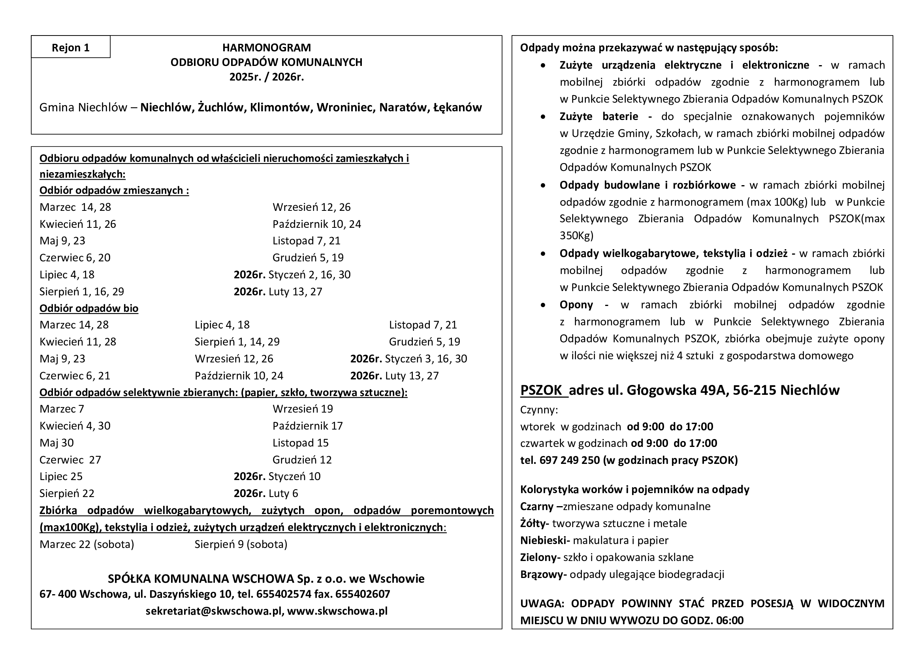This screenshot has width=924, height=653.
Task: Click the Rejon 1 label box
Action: pyautogui.click(x=70, y=47)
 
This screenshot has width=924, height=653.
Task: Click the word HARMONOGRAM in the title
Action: pyautogui.click(x=266, y=47)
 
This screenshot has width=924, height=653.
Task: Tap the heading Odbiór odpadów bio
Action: pyautogui.click(x=89, y=308)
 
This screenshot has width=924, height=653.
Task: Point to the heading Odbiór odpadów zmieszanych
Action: pyautogui.click(x=114, y=190)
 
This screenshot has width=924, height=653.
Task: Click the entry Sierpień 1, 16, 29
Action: pyautogui.click(x=82, y=291)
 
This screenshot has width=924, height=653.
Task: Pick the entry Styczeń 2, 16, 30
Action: pyautogui.click(x=309, y=275)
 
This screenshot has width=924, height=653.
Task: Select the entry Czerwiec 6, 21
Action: pyautogui.click(x=75, y=375)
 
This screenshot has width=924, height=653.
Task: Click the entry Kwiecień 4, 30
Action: pyautogui.click(x=75, y=426)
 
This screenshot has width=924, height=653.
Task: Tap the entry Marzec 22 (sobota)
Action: pyautogui.click(x=87, y=544)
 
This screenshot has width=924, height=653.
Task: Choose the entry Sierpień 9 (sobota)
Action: pyautogui.click(x=241, y=544)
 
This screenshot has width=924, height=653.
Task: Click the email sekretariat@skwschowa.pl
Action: pyautogui.click(x=214, y=611)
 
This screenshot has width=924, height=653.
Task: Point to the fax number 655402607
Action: pyautogui.click(x=362, y=594)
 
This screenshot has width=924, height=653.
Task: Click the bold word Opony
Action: pyautogui.click(x=576, y=305)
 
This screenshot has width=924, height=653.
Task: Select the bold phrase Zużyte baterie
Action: pyautogui.click(x=598, y=116)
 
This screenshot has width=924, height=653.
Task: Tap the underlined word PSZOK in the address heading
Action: pyautogui.click(x=541, y=390)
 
